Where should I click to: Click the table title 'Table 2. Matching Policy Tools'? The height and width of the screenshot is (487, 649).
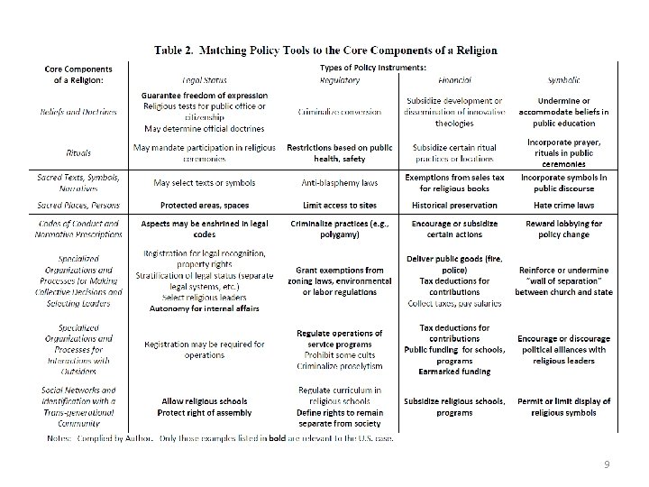click(x=324, y=50)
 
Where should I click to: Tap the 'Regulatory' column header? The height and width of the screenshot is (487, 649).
click(x=341, y=80)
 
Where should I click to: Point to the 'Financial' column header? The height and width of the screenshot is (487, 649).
click(x=454, y=80)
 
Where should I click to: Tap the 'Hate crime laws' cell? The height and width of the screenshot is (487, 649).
click(x=564, y=206)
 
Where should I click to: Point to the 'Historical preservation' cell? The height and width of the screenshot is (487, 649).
click(x=454, y=206)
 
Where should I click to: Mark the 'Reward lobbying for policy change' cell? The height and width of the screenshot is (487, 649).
click(x=564, y=228)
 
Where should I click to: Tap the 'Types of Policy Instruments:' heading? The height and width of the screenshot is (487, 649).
click(x=373, y=68)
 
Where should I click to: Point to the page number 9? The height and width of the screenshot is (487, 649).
click(x=607, y=464)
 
